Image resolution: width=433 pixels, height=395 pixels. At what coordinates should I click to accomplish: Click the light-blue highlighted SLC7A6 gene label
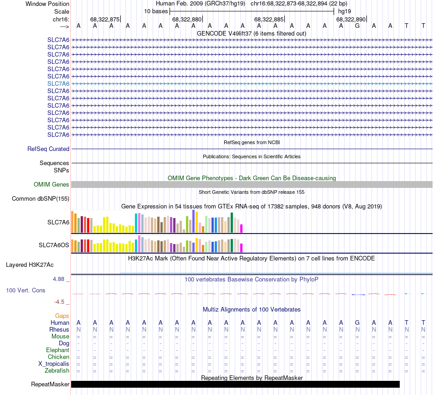tap(58, 83)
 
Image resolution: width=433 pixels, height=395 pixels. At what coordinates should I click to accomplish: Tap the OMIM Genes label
tap(52, 185)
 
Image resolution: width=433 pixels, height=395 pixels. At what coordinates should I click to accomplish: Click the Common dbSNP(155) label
tap(41, 198)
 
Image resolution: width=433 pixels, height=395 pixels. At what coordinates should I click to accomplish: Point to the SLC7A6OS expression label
tap(54, 245)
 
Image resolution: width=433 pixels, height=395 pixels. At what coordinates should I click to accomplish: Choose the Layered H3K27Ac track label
tap(30, 265)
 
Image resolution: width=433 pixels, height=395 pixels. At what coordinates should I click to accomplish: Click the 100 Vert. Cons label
tap(26, 290)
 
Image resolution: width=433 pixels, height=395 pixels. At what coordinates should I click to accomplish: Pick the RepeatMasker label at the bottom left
tap(50, 385)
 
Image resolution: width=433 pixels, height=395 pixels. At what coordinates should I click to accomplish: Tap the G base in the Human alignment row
tap(357, 323)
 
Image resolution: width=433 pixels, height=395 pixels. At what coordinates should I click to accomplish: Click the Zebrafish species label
tap(57, 371)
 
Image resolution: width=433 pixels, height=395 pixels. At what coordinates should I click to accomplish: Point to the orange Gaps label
tap(62, 316)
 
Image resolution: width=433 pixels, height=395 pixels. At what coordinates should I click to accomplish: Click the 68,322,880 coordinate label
tap(186, 20)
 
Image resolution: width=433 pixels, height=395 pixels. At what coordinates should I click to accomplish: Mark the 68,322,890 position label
tap(351, 20)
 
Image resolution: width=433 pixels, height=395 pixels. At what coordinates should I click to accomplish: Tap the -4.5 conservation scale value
tap(59, 301)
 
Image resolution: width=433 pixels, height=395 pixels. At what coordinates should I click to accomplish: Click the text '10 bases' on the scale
tap(156, 11)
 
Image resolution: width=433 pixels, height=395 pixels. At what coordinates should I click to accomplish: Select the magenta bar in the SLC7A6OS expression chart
tap(242, 248)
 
